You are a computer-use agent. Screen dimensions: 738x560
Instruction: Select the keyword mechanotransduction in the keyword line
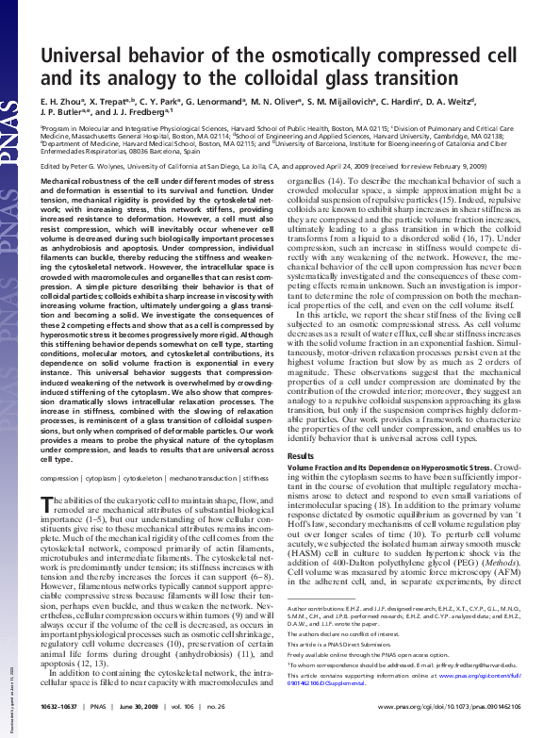[197, 478]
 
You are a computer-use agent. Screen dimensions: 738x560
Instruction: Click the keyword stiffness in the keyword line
[255, 478]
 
